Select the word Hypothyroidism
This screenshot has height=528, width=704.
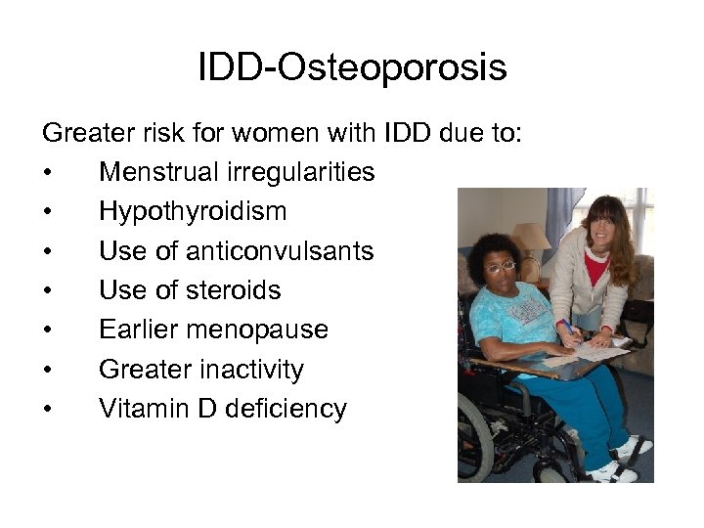(193, 212)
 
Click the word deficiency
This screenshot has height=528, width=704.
(286, 409)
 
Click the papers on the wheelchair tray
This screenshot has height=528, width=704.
(596, 349)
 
